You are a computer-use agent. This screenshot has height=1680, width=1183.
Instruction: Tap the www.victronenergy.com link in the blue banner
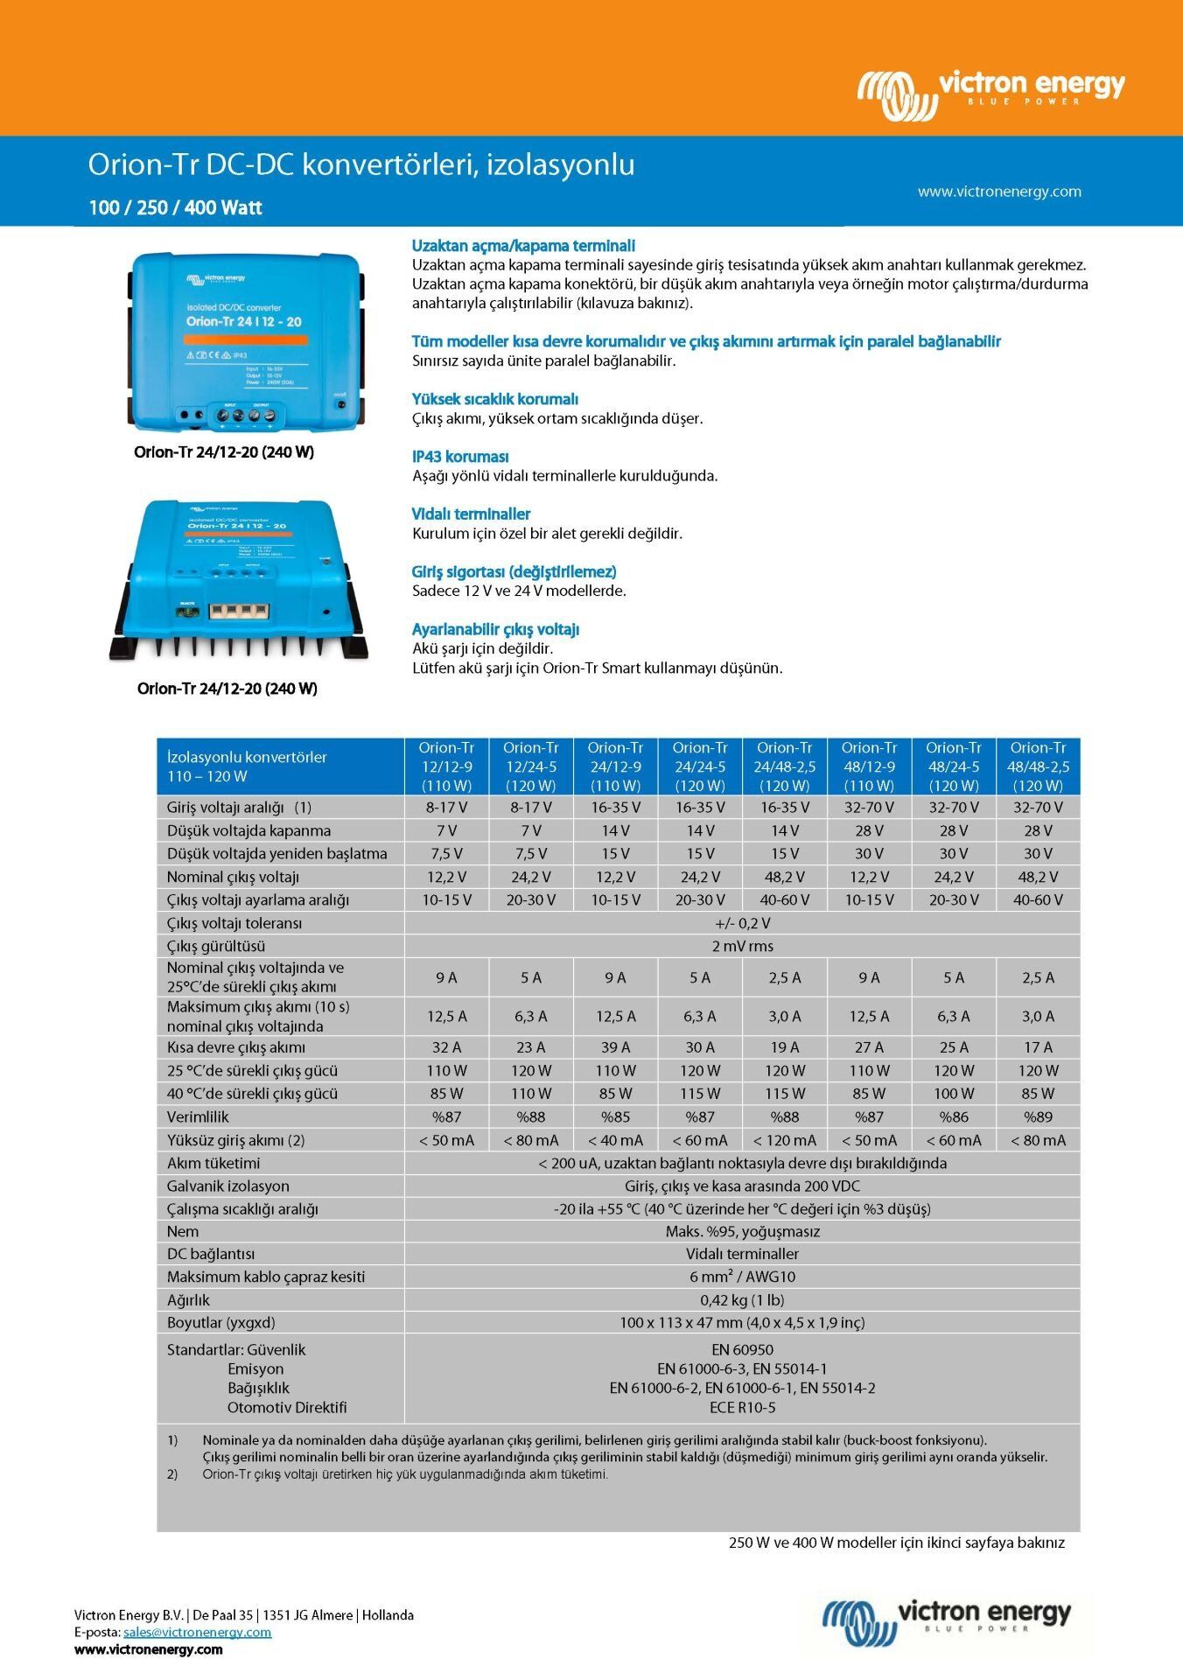point(998,192)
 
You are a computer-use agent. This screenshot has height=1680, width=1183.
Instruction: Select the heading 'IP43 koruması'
point(460,457)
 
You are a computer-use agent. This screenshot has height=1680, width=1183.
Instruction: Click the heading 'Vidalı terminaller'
point(471,514)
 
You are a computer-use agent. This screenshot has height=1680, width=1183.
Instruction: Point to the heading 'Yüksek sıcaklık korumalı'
point(495,399)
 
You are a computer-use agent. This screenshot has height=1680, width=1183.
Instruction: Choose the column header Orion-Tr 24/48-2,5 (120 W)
point(784,766)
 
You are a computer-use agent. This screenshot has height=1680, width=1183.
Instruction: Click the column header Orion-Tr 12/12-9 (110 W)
point(446,766)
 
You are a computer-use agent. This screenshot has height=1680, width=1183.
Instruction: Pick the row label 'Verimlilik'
point(198,1116)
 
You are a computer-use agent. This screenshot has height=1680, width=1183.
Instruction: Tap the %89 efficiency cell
point(1038,1116)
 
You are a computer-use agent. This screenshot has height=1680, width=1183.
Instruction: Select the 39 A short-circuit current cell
point(615,1047)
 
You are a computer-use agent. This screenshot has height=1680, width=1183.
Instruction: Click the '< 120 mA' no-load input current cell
point(784,1140)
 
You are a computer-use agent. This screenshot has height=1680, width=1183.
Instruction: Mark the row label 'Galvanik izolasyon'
point(227,1186)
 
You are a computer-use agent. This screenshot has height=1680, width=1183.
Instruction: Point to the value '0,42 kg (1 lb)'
point(742,1300)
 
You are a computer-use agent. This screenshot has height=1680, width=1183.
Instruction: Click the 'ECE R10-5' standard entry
point(742,1408)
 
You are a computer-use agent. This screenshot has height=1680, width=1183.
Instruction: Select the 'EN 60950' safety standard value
point(742,1350)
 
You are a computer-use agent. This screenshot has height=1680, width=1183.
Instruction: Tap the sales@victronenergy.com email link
point(197,1633)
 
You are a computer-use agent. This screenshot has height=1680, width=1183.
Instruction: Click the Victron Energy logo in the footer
point(946,1624)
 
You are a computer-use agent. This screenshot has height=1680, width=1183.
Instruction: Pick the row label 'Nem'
point(183,1231)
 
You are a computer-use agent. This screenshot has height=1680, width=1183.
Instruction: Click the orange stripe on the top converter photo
point(246,339)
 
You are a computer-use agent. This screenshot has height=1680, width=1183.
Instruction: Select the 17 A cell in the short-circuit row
point(1038,1047)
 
